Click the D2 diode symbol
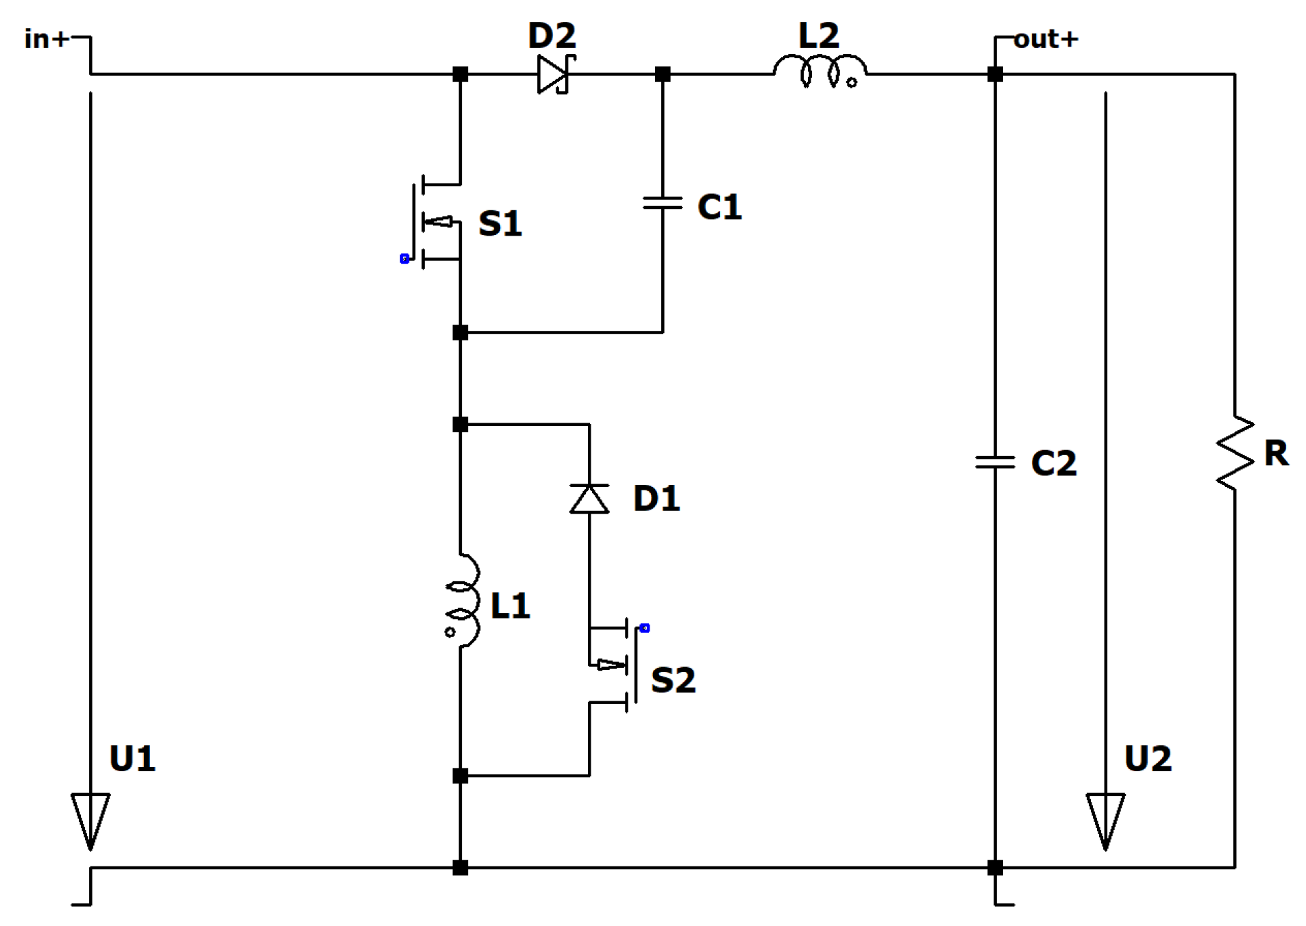(x=554, y=74)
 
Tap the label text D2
(x=552, y=36)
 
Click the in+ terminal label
(x=46, y=39)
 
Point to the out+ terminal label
(x=1046, y=39)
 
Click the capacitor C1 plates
(x=663, y=203)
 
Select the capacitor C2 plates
(x=995, y=462)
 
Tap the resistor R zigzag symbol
(x=1235, y=452)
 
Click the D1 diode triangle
(x=589, y=498)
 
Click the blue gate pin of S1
(x=405, y=258)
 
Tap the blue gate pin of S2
(x=645, y=627)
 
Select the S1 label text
(x=500, y=223)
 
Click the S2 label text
(x=673, y=680)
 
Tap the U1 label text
(x=132, y=758)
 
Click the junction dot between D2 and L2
(x=663, y=74)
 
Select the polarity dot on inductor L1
(x=449, y=631)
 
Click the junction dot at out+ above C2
(x=995, y=74)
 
